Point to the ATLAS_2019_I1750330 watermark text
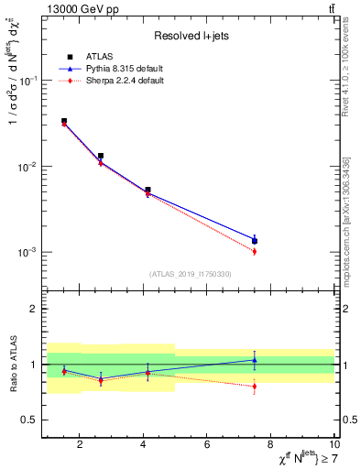tap(191, 274)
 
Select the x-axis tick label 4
tap(144, 445)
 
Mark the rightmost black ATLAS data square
tap(255, 241)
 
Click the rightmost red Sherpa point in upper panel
tap(255, 251)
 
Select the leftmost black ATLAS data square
tap(63, 121)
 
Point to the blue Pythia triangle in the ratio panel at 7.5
tap(255, 360)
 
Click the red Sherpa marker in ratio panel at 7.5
tap(255, 387)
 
